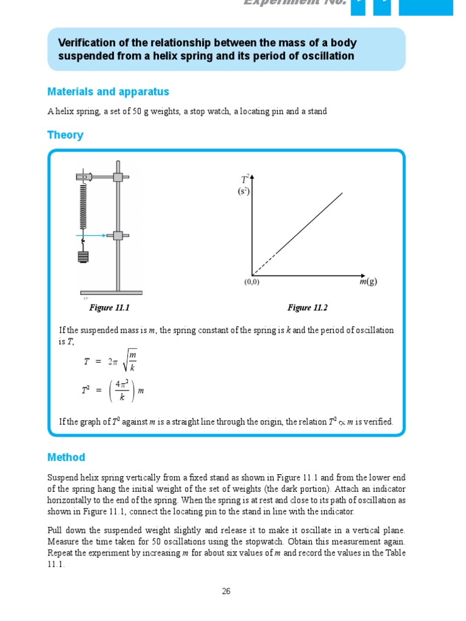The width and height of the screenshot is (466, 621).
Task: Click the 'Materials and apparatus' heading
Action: pyautogui.click(x=108, y=92)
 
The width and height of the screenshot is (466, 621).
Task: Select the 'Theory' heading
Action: pyautogui.click(x=65, y=135)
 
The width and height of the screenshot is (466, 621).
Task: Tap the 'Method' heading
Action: pyautogui.click(x=66, y=457)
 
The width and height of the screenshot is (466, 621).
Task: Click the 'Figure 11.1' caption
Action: pyautogui.click(x=110, y=308)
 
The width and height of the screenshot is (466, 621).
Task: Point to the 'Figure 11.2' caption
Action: pyautogui.click(x=307, y=308)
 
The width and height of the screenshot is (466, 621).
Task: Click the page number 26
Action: pyautogui.click(x=226, y=591)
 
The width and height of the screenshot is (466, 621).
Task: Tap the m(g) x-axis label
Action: pyautogui.click(x=367, y=282)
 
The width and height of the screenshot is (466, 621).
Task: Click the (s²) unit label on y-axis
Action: pyautogui.click(x=243, y=191)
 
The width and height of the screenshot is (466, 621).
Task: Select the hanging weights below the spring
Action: pyautogui.click(x=84, y=256)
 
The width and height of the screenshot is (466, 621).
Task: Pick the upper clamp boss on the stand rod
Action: pyautogui.click(x=118, y=177)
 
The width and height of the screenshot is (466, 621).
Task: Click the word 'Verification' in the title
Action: pyautogui.click(x=83, y=43)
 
